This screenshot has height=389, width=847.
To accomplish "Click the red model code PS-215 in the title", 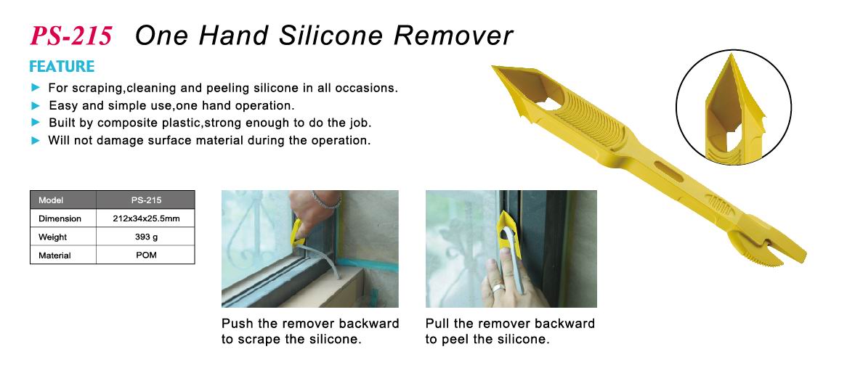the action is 70,36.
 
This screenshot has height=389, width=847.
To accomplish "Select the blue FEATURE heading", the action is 62,67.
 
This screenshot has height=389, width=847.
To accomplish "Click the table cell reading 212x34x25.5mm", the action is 146,218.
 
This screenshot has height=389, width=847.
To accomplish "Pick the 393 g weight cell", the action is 146,237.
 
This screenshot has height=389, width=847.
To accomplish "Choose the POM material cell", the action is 146,255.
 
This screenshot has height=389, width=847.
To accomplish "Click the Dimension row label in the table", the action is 60,218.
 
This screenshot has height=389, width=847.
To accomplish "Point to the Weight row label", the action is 53,237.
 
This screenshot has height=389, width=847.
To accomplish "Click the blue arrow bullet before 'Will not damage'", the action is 36,140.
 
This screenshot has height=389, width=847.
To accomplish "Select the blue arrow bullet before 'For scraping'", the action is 36,87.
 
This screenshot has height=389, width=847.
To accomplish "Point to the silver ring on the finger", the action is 498,287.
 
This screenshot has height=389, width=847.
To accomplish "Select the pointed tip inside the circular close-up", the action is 731,56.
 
